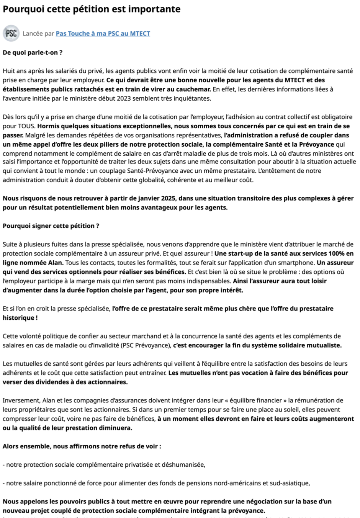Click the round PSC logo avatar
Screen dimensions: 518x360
coord(11,33)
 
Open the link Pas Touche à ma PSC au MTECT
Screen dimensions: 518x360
coord(103,34)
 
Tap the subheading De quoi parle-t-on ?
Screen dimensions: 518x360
coord(33,52)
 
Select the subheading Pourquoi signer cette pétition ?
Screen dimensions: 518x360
coord(51,226)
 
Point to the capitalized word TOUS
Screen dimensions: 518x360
coord(27,126)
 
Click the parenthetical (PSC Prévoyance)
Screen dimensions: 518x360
coord(145,345)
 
